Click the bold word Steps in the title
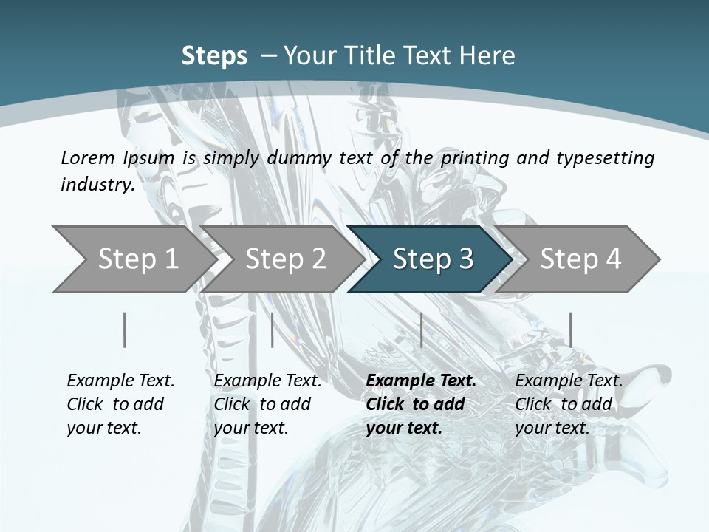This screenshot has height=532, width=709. point(214,56)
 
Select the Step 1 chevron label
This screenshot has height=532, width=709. point(138,259)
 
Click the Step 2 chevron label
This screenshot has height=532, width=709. point(285,259)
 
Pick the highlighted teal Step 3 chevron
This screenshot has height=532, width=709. point(433,259)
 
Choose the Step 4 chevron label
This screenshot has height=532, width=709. point(580,259)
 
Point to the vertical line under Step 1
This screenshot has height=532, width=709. point(125,330)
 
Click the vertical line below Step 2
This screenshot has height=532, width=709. point(273,330)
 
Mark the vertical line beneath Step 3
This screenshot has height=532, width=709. point(421,330)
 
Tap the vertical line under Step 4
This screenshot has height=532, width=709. point(570,330)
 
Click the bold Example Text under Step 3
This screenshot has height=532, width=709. point(421,381)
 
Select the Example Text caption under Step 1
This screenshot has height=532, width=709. point(120,381)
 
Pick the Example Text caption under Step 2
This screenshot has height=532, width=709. point(267,381)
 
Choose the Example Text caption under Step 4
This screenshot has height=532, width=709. point(569,381)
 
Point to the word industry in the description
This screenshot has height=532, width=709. point(97,184)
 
